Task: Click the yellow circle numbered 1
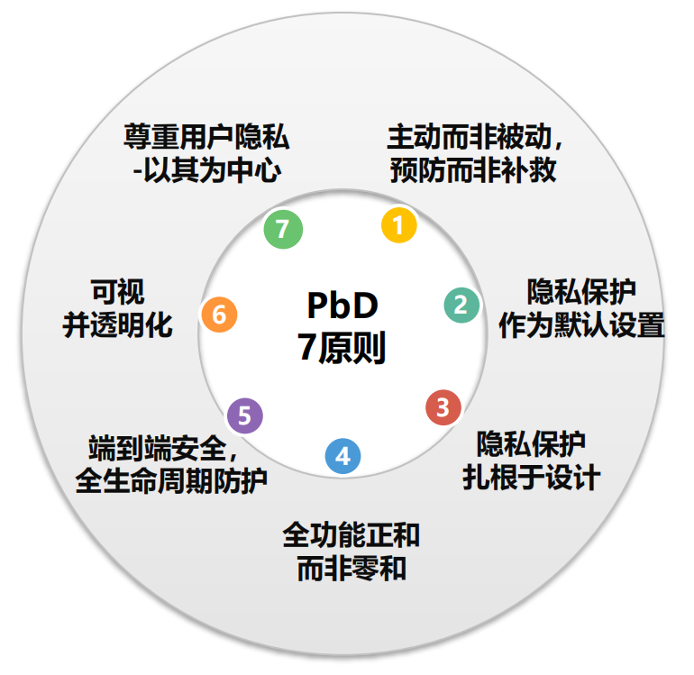pyautogui.click(x=398, y=224)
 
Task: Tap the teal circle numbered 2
pyautogui.click(x=461, y=305)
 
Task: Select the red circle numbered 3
pyautogui.click(x=443, y=406)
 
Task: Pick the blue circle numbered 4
pyautogui.click(x=342, y=456)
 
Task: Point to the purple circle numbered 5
pyautogui.click(x=245, y=416)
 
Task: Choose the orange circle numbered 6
pyautogui.click(x=219, y=315)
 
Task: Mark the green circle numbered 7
pyautogui.click(x=283, y=229)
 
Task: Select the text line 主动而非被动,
pyautogui.click(x=476, y=138)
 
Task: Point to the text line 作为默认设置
pyautogui.click(x=581, y=324)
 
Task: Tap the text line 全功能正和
pyautogui.click(x=351, y=535)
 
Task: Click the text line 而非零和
pyautogui.click(x=351, y=568)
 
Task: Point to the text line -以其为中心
pyautogui.click(x=206, y=169)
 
